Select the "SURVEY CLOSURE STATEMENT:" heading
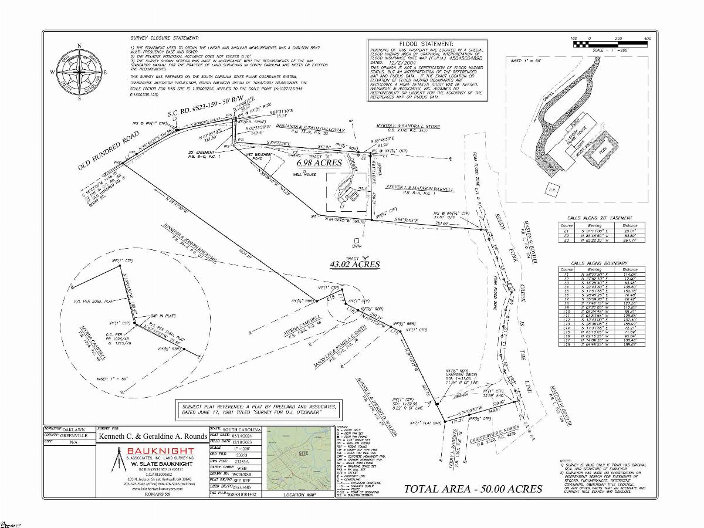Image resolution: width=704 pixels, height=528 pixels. [x=164, y=37]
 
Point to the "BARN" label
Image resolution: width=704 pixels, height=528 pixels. [x=356, y=246]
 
